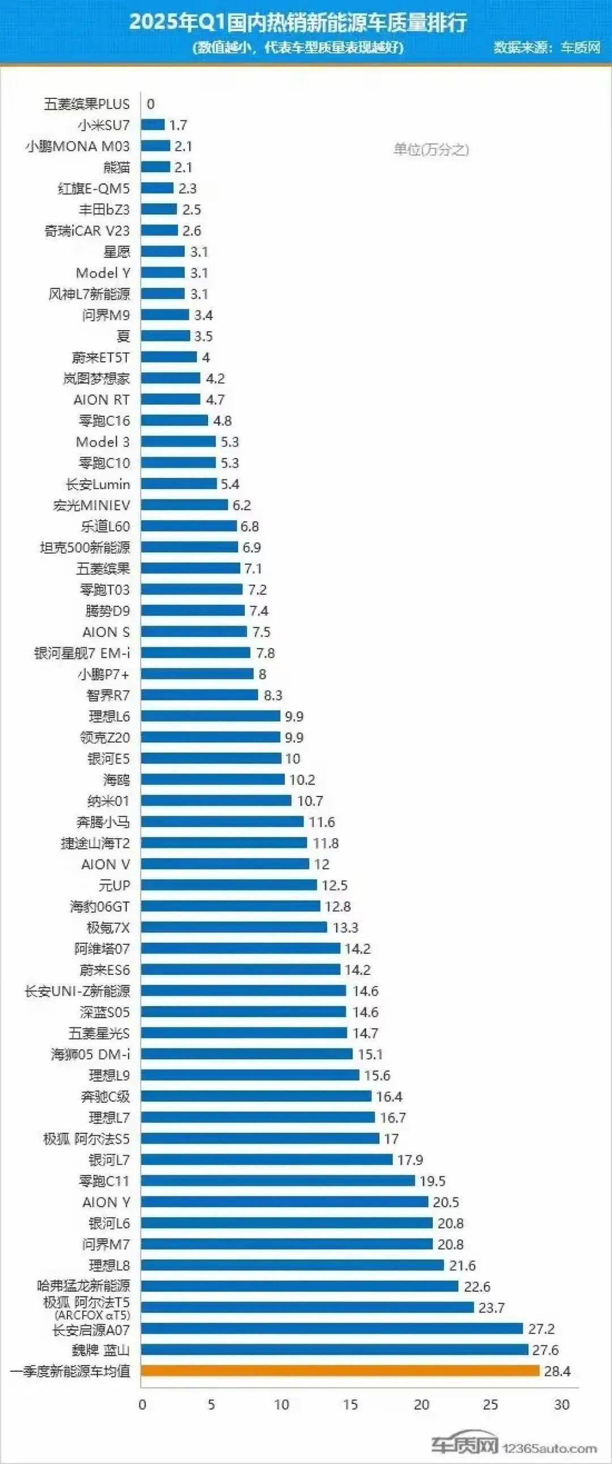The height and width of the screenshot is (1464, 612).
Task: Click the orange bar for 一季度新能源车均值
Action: (x=340, y=1371)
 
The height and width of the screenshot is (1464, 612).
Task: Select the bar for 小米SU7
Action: (x=153, y=125)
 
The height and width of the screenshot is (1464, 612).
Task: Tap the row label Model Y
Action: (x=103, y=273)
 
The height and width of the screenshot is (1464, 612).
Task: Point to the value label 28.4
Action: (x=557, y=1371)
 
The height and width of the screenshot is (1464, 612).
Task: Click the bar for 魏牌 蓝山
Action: (x=334, y=1349)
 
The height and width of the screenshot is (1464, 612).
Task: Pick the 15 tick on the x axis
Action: (x=350, y=1405)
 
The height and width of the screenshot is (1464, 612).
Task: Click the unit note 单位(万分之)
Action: (x=431, y=149)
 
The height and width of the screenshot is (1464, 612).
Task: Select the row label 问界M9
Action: (x=106, y=315)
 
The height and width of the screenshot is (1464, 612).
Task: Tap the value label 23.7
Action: (x=491, y=1308)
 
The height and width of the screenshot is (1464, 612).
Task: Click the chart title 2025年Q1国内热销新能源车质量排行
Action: (x=298, y=22)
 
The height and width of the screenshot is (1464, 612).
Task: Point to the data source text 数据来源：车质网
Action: (x=547, y=47)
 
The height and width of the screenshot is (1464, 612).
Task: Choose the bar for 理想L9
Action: (x=250, y=1075)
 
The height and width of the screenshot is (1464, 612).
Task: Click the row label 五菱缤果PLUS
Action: (x=87, y=104)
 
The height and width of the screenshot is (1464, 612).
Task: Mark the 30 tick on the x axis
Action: (x=562, y=1405)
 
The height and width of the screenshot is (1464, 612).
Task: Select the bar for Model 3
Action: (x=178, y=442)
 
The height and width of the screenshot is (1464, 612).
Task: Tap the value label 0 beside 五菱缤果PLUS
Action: (x=151, y=104)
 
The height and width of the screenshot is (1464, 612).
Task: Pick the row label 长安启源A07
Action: (x=91, y=1329)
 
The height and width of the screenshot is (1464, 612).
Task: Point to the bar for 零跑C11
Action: (x=278, y=1180)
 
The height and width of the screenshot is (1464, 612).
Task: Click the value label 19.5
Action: (x=432, y=1181)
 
